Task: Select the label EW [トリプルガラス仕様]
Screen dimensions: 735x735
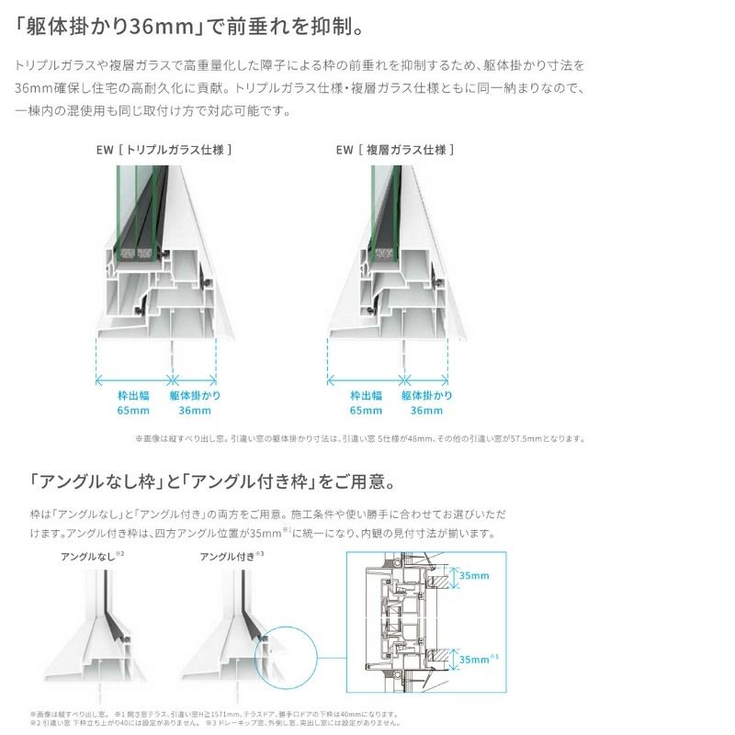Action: pyautogui.click(x=177, y=149)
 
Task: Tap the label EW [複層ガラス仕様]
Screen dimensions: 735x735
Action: pyautogui.click(x=395, y=149)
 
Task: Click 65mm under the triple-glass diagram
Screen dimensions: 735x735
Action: pyautogui.click(x=133, y=410)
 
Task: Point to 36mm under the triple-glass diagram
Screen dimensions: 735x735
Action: pyautogui.click(x=195, y=410)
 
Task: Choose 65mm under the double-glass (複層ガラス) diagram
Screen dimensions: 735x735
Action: pyautogui.click(x=365, y=410)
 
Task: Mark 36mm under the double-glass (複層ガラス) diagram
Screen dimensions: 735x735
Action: pyautogui.click(x=426, y=410)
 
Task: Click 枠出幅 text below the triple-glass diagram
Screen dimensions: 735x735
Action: pyautogui.click(x=133, y=395)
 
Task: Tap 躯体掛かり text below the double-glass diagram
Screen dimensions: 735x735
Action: pyautogui.click(x=426, y=395)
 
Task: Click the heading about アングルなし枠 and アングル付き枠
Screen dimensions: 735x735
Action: pyautogui.click(x=211, y=481)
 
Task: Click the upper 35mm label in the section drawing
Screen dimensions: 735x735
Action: pyautogui.click(x=474, y=575)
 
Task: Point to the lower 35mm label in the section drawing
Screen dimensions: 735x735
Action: pyautogui.click(x=476, y=659)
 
